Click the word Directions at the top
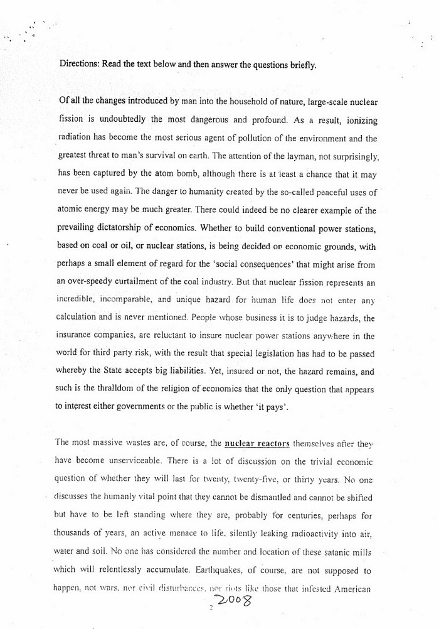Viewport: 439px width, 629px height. point(80,63)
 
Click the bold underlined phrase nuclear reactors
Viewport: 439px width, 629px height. point(257,443)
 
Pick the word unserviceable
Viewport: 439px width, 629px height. point(126,462)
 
